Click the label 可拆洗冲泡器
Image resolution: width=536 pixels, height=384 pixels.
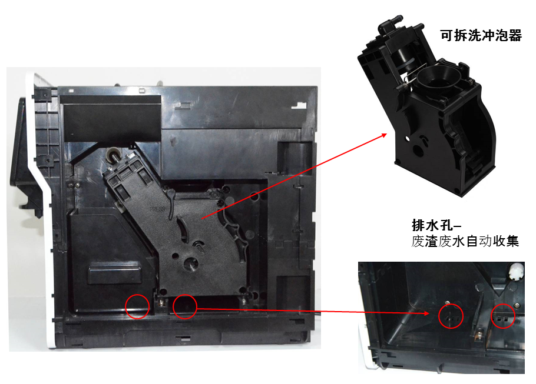(x=481, y=35)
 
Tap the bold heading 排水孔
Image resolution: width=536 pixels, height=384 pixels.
(x=432, y=225)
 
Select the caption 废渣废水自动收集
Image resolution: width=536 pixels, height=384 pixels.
(x=465, y=241)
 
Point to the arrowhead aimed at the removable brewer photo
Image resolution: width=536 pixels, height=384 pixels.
(x=383, y=136)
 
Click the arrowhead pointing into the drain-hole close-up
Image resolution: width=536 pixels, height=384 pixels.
(x=426, y=313)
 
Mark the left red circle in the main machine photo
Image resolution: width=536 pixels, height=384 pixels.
(x=137, y=306)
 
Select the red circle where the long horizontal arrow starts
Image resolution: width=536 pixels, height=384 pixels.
(x=185, y=306)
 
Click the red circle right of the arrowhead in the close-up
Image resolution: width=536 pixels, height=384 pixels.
(x=451, y=316)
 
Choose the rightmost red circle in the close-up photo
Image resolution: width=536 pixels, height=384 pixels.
(x=503, y=316)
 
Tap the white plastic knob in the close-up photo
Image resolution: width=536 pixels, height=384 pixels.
(x=516, y=272)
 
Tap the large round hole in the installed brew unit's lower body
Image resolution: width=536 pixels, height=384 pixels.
(x=191, y=263)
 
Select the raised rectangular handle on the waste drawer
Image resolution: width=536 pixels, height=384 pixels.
(x=114, y=273)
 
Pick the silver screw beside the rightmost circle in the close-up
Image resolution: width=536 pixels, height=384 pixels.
(x=517, y=305)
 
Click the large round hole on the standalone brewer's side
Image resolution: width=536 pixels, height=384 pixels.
(x=418, y=150)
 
